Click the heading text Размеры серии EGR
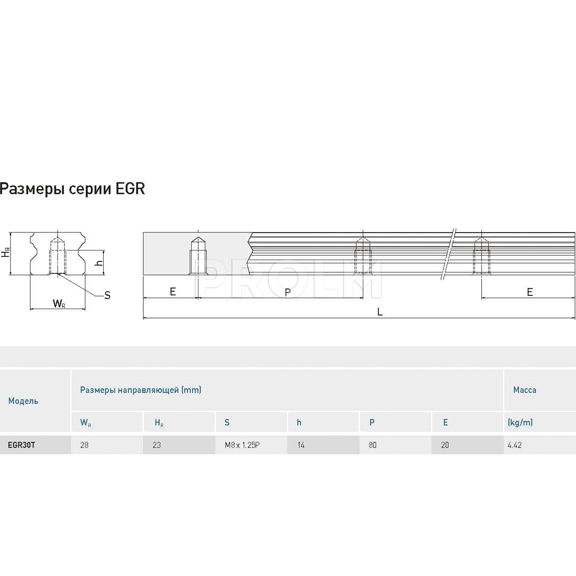73,189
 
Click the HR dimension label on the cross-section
5,252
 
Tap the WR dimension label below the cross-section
59,304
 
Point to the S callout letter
108,295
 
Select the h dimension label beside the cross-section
99,263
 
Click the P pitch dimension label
288,293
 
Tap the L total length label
380,312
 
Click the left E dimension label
173,292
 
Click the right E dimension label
530,292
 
